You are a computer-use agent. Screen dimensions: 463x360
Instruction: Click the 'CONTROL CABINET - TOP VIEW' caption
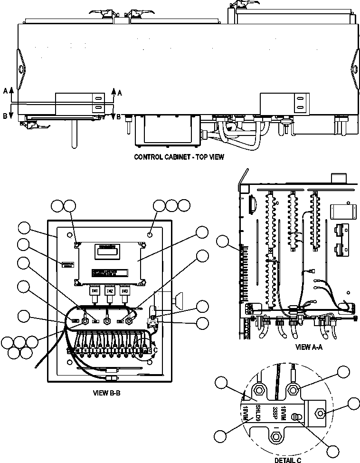click(x=179, y=157)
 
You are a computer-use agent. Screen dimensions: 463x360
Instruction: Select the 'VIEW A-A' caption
click(x=309, y=347)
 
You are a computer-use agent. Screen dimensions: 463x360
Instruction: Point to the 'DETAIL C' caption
click(x=288, y=460)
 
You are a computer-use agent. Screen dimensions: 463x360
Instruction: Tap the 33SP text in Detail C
click(x=274, y=412)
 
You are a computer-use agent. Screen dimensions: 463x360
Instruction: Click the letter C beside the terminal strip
click(x=155, y=350)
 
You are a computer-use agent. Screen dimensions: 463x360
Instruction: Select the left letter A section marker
click(x=5, y=91)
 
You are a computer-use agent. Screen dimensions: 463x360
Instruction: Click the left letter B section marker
click(x=5, y=116)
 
